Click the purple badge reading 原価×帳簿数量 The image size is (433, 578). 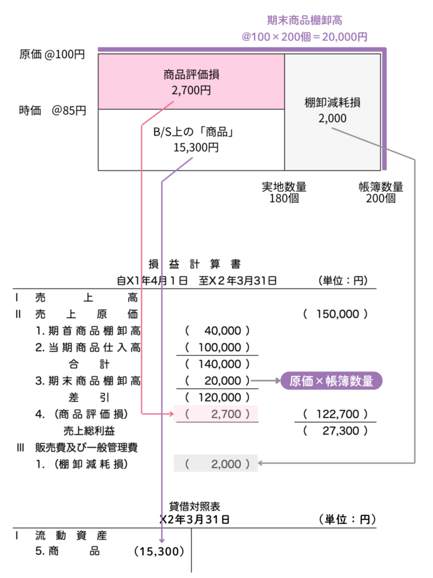pos(331,381)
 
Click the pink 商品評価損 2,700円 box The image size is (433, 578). pos(191,81)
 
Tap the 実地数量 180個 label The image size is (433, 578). pos(284,192)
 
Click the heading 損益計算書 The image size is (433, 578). pos(194,264)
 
